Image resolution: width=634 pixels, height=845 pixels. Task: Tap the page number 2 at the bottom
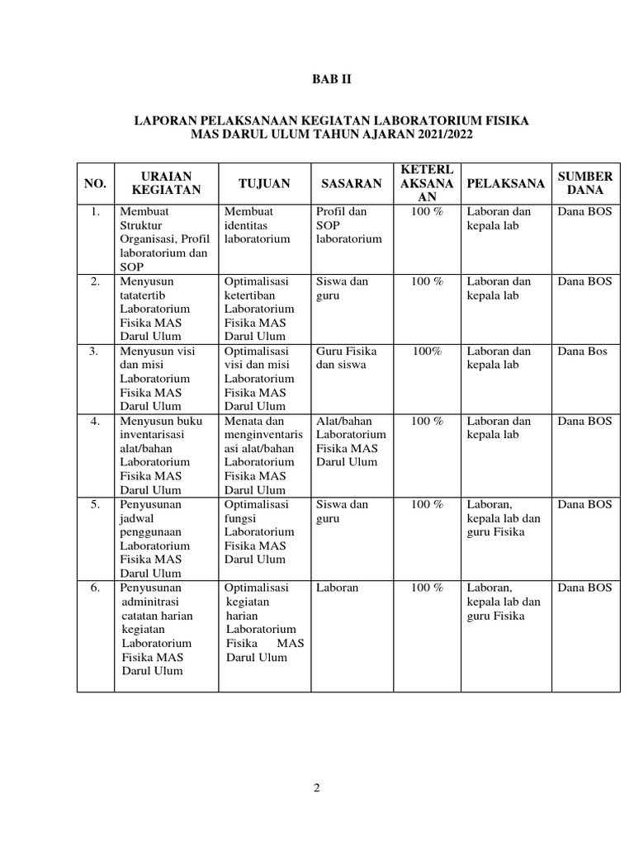(x=316, y=788)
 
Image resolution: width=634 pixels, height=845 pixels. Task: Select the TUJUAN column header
(x=264, y=183)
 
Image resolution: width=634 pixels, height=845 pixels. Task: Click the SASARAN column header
(x=351, y=183)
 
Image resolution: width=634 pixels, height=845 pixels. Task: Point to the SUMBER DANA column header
(x=585, y=183)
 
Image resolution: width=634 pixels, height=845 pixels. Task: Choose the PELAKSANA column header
(x=505, y=183)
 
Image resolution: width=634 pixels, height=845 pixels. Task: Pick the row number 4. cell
(x=96, y=421)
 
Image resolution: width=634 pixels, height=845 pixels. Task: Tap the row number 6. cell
(x=96, y=588)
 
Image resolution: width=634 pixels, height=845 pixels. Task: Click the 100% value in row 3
(x=428, y=351)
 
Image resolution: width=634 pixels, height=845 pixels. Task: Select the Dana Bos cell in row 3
(x=582, y=351)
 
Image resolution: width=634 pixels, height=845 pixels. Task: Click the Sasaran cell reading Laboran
(x=336, y=588)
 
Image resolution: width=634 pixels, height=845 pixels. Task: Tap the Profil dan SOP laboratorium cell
(x=349, y=225)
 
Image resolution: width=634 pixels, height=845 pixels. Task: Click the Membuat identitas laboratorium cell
(x=258, y=225)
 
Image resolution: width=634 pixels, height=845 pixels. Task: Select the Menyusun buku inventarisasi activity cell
(x=162, y=456)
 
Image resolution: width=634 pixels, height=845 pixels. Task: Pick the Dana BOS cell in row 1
(x=585, y=211)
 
